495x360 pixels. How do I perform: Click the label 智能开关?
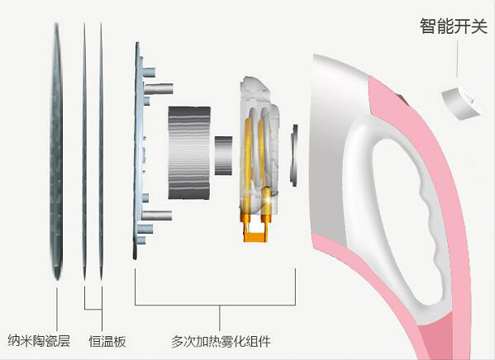coord(454,26)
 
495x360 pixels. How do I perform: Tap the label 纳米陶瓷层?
coord(39,340)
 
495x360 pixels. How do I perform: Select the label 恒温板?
coord(107,341)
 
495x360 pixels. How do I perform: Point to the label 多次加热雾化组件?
coord(221,341)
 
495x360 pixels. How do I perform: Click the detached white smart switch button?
coord(460,103)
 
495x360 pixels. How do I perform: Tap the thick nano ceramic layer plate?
coord(56,151)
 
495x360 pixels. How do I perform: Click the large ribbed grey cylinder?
coord(189,153)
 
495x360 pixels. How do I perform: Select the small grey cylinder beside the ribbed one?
coord(223,155)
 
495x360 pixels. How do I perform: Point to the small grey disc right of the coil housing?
coord(294,155)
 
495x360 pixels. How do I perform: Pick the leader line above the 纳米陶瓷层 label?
coord(57,309)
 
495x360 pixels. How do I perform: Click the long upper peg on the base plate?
coord(159,88)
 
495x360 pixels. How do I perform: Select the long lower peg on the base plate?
coord(157,216)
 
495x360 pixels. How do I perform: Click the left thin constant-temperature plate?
coord(84,151)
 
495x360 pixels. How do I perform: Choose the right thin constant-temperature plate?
coord(101,151)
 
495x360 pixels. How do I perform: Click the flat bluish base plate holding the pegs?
coord(137,151)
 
